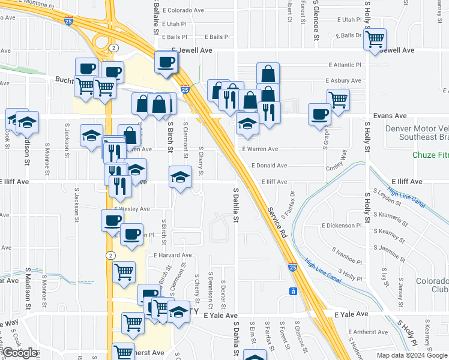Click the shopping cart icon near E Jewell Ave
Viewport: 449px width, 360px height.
point(375,40)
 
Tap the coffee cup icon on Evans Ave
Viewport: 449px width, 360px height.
point(319,114)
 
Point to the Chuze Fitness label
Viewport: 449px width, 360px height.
point(430,155)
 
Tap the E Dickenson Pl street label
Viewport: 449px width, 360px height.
point(342,226)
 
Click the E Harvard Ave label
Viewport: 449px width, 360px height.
point(171,255)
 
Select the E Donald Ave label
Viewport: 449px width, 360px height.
point(269,165)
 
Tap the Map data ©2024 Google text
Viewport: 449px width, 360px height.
point(412,355)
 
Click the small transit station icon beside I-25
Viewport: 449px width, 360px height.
point(292,292)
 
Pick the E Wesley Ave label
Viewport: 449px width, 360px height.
point(131,209)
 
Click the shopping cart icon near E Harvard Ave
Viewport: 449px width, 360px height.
point(124,272)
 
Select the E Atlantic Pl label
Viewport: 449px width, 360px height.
point(345,65)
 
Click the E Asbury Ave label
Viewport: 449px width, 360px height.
point(343,80)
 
